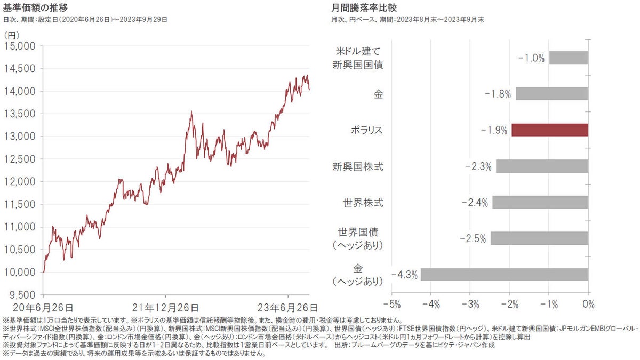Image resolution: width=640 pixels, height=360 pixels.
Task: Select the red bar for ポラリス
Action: [x=550, y=130]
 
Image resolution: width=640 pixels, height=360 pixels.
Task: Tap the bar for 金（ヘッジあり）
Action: [x=505, y=275]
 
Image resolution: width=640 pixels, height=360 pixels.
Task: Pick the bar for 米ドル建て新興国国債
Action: [x=569, y=58]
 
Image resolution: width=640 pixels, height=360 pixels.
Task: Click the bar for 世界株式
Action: [x=540, y=203]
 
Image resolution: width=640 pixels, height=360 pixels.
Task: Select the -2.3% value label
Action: [x=478, y=166]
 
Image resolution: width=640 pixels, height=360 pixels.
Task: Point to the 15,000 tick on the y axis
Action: [x=20, y=46]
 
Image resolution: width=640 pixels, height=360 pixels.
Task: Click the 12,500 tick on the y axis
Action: [x=20, y=159]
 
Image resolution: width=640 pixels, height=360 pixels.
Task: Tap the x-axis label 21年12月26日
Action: [x=165, y=308]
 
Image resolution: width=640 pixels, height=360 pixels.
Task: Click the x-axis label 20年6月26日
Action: [x=43, y=308]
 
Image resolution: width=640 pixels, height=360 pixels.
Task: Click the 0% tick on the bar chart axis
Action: [x=588, y=305]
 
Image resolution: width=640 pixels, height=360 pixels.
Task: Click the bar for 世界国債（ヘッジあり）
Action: [x=539, y=238]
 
